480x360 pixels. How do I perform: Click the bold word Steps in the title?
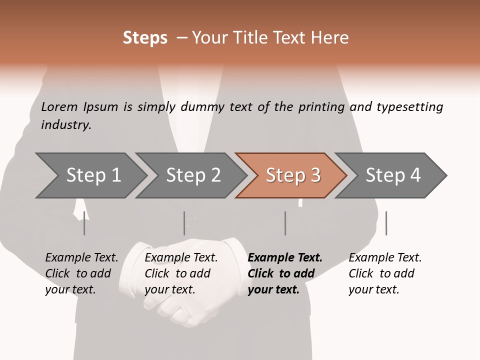(145, 38)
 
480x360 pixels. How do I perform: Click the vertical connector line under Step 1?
(84, 223)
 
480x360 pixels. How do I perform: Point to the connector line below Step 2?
(184, 223)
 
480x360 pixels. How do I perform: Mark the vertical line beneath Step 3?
(285, 223)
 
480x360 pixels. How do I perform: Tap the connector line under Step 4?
(386, 223)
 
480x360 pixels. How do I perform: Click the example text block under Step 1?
(81, 273)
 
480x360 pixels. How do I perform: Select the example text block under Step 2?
(181, 273)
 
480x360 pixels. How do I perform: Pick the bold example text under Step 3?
(285, 273)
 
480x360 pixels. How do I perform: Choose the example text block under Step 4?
(385, 273)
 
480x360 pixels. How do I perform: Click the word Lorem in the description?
(59, 107)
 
